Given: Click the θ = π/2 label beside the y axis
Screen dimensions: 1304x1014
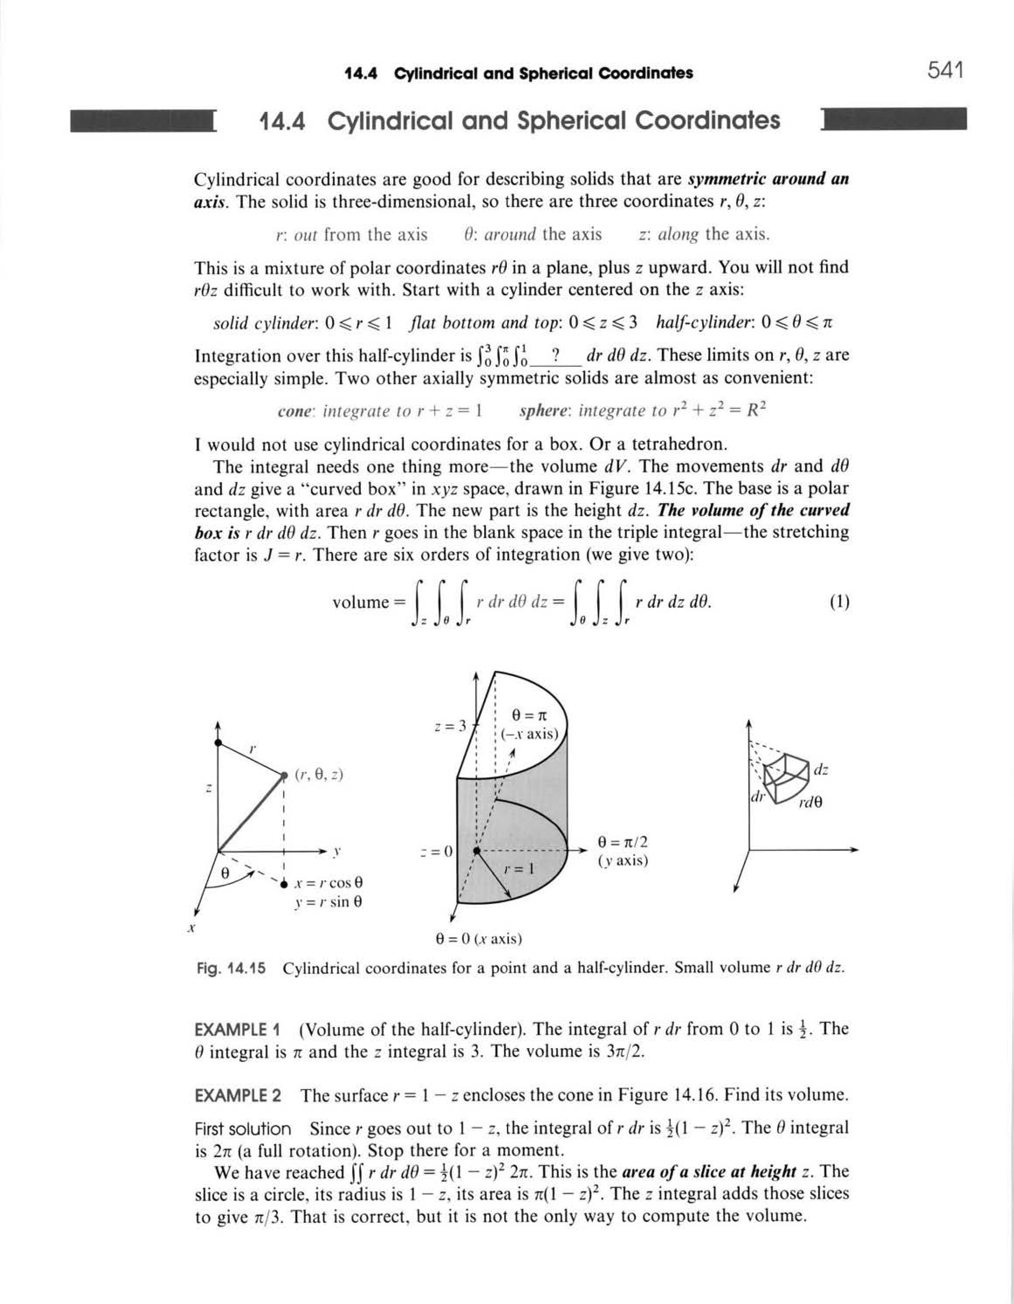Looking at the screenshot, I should click(622, 842).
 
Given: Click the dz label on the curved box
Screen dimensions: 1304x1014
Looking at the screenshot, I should click(820, 770).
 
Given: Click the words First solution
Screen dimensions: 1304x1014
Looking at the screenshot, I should click(243, 1129).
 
